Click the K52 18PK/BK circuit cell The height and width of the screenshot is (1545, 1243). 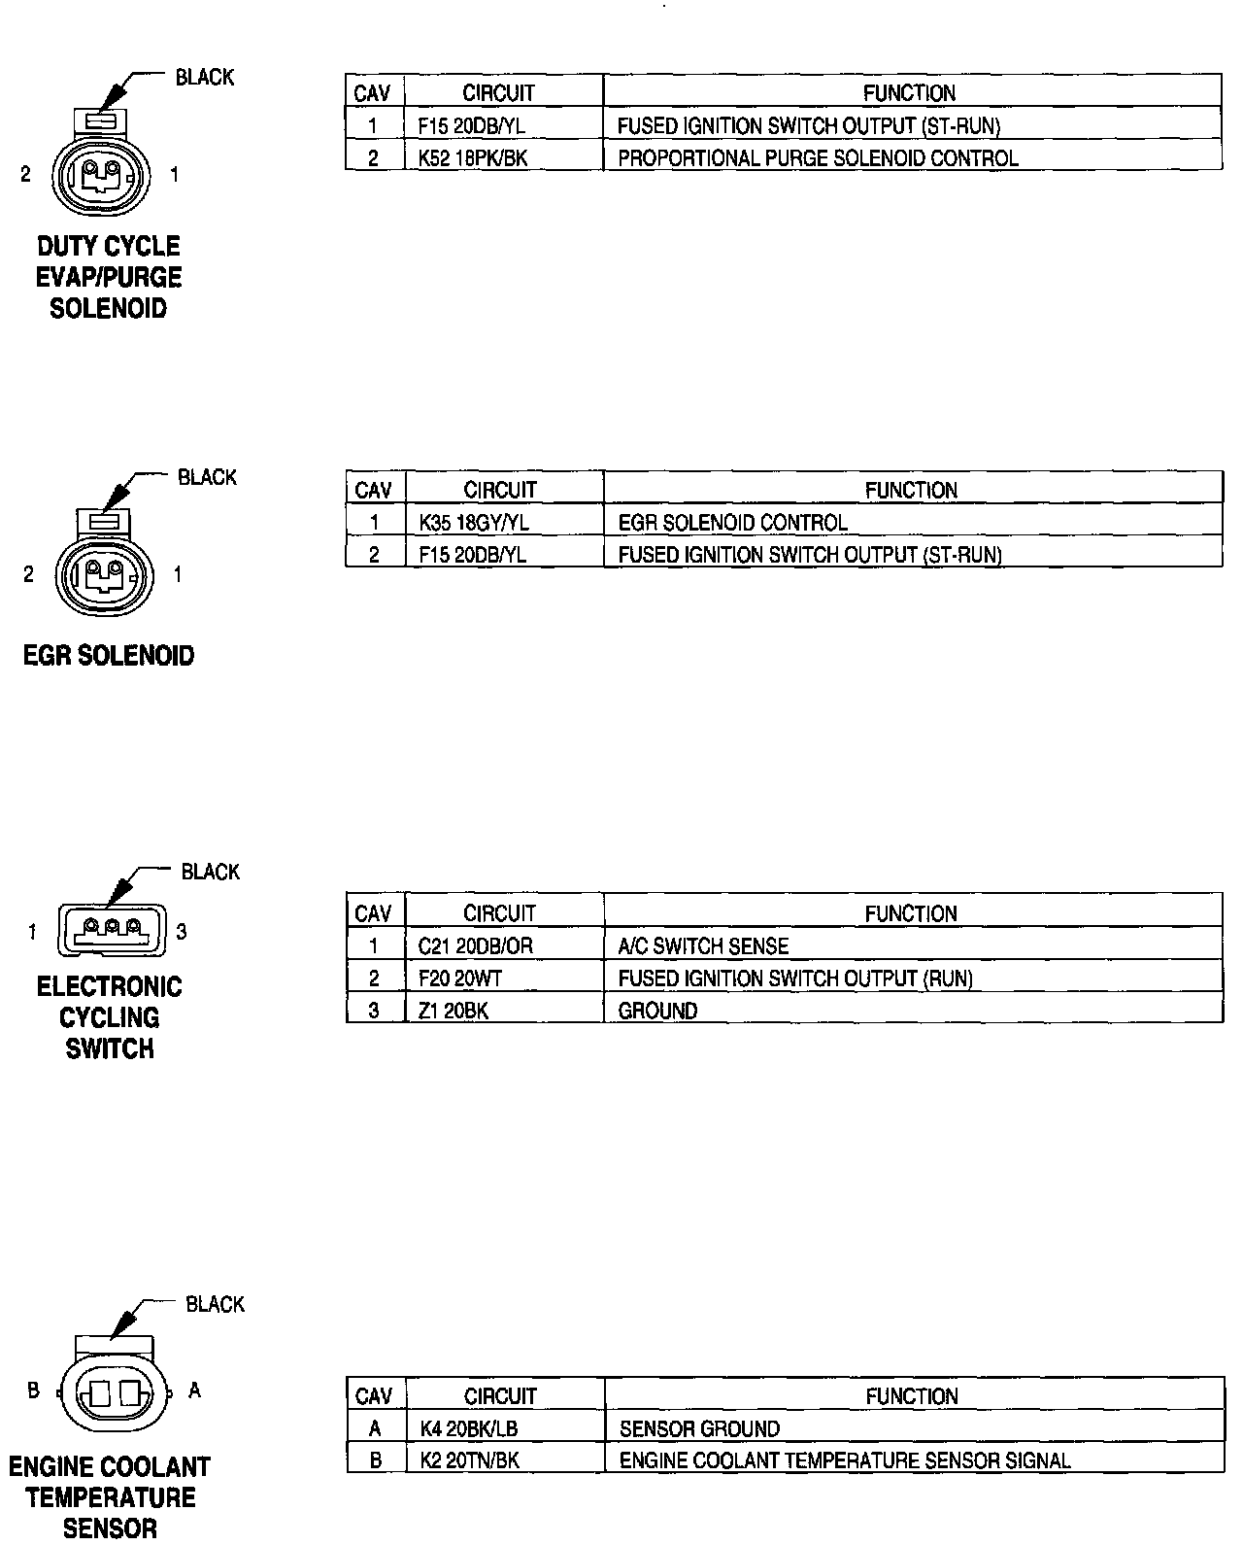(x=473, y=158)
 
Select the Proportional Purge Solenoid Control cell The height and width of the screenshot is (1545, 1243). (x=818, y=158)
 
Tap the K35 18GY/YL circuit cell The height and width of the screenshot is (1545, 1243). (x=474, y=523)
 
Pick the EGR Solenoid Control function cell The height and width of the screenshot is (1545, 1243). (x=732, y=523)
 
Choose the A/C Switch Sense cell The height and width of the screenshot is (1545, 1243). (x=703, y=946)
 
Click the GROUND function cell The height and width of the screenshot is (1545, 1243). (x=657, y=1011)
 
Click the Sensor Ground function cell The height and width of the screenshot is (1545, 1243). (x=699, y=1429)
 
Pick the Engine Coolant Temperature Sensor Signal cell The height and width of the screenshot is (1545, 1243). (x=845, y=1460)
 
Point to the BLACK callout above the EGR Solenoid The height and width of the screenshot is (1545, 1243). (x=207, y=477)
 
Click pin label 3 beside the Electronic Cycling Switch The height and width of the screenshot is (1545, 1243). (x=182, y=932)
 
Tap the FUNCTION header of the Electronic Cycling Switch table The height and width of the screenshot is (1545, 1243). (x=911, y=913)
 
